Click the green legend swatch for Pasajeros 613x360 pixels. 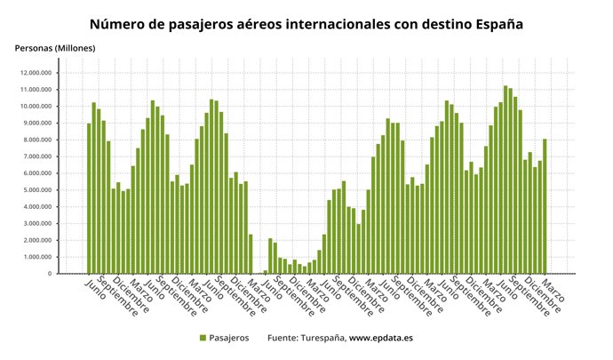pyautogui.click(x=203, y=338)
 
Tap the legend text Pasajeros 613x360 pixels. pyautogui.click(x=230, y=338)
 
